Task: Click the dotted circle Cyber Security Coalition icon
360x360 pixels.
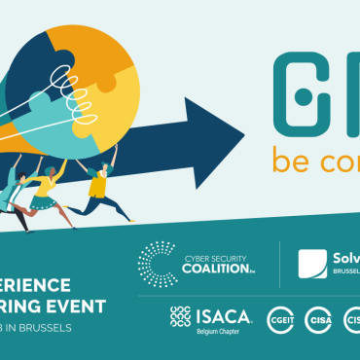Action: pyautogui.click(x=157, y=263)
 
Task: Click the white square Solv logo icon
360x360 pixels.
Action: pyautogui.click(x=312, y=264)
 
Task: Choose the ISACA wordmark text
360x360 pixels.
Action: pyautogui.click(x=224, y=315)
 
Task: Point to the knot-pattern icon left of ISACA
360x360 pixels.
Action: pyautogui.click(x=180, y=315)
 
